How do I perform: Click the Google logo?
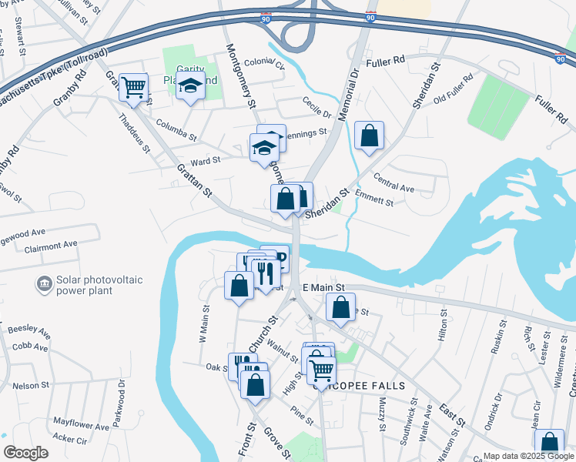click(x=25, y=453)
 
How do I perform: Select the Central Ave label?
click(x=394, y=187)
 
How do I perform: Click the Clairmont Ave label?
click(x=51, y=246)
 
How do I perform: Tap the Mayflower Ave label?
click(x=81, y=424)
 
